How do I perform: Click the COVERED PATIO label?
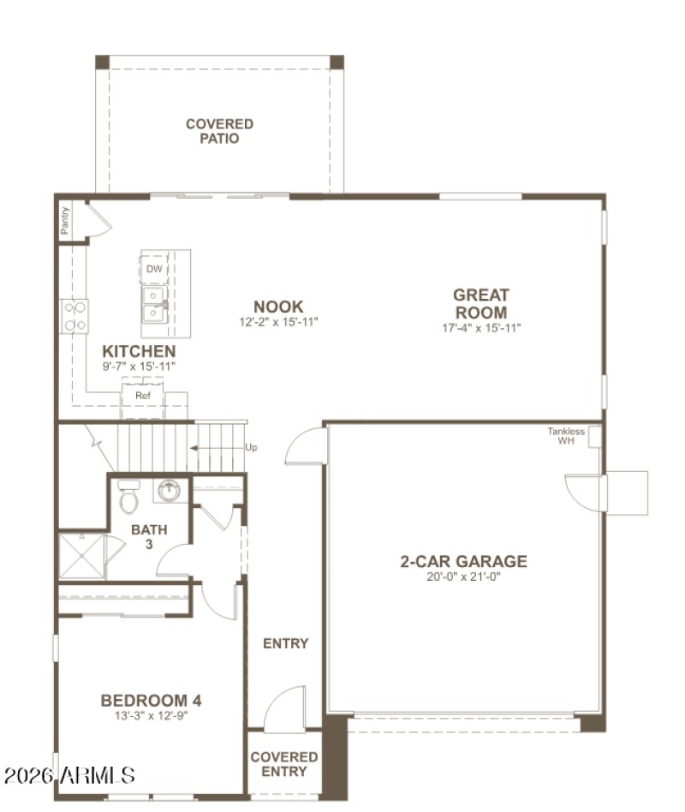pyautogui.click(x=219, y=131)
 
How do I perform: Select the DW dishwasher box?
pyautogui.click(x=154, y=269)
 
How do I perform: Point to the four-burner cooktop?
pyautogui.click(x=74, y=315)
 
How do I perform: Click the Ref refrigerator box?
pyautogui.click(x=143, y=397)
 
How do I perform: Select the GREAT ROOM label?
pyautogui.click(x=481, y=304)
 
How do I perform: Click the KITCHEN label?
pyautogui.click(x=139, y=351)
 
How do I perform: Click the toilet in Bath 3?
pyautogui.click(x=128, y=497)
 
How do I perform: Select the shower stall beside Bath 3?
pyautogui.click(x=82, y=556)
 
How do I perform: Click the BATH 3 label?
pyautogui.click(x=149, y=536)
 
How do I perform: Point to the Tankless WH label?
pyautogui.click(x=566, y=436)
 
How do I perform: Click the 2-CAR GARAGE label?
pyautogui.click(x=463, y=562)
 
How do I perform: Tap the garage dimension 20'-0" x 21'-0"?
pyautogui.click(x=463, y=577)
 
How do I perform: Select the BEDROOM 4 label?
pyautogui.click(x=151, y=700)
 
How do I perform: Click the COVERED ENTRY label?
pyautogui.click(x=284, y=764)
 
